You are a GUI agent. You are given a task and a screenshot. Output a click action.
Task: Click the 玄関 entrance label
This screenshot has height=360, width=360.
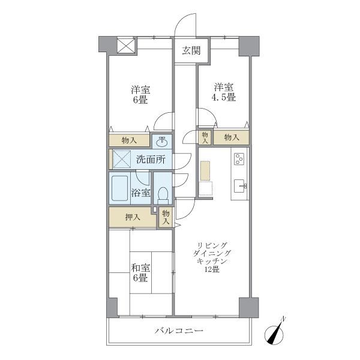191,50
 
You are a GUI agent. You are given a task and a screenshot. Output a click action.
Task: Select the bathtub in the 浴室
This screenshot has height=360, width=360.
119,188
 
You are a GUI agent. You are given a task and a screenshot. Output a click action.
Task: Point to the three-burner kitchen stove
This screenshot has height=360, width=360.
239,158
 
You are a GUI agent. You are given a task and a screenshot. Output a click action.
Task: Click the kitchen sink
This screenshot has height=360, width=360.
241,186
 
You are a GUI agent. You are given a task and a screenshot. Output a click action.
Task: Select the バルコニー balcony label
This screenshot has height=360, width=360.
179,331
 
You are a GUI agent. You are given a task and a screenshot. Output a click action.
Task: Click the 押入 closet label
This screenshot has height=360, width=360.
133,217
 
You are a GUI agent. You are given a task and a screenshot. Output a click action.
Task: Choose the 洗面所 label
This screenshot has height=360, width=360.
151,159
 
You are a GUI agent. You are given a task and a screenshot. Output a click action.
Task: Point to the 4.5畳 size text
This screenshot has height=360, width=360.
224,97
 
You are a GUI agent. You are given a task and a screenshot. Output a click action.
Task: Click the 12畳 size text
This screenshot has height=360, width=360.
212,269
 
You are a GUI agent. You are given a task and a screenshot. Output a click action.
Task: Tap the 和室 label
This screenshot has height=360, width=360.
140,268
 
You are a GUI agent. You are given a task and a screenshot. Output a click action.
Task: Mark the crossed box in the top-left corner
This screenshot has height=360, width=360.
125,46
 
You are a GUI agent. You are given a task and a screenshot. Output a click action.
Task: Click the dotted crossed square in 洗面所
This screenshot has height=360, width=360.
122,159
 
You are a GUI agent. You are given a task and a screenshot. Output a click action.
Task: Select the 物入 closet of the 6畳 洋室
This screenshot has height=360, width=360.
129,140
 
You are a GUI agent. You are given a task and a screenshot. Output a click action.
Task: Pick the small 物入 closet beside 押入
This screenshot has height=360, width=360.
166,217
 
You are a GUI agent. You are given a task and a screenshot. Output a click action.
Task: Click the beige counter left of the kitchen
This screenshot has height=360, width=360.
205,170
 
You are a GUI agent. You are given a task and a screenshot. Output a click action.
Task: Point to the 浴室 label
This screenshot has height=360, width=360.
141,193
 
